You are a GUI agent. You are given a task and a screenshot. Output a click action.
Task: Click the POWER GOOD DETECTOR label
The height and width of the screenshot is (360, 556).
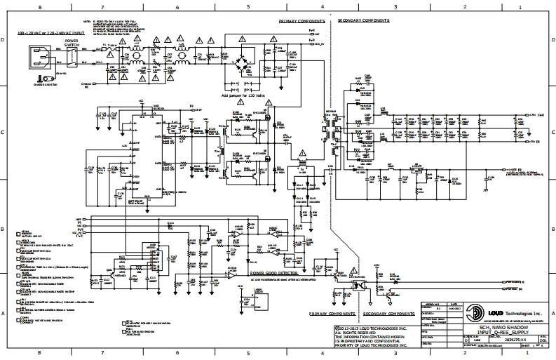click(273, 271)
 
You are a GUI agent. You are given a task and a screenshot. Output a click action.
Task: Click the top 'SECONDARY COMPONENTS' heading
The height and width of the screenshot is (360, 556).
click(364, 21)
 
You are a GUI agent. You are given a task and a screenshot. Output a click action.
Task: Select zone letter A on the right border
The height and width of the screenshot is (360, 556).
click(550, 314)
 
